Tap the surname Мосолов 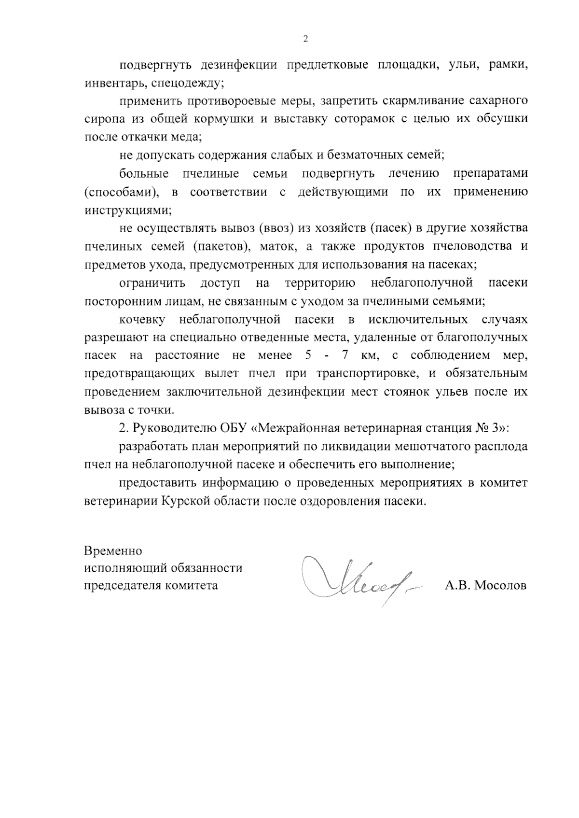[x=500, y=585]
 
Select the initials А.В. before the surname [x=457, y=585]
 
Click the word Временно [x=113, y=550]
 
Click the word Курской [x=184, y=501]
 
